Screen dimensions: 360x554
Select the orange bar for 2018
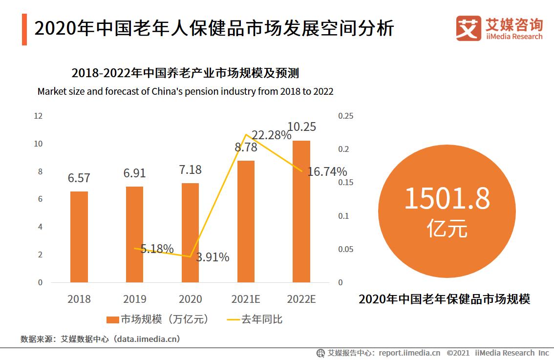pyautogui.click(x=79, y=236)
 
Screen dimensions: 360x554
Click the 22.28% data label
pyautogui.click(x=272, y=135)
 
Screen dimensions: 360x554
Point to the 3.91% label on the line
pyautogui.click(x=213, y=257)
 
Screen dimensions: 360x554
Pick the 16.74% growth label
pyautogui.click(x=327, y=171)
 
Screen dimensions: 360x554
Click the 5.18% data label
pyautogui.click(x=157, y=249)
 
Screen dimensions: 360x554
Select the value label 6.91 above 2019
pyautogui.click(x=135, y=173)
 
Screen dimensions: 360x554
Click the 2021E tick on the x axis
pyautogui.click(x=246, y=299)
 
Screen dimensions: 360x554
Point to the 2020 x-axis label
pyautogui.click(x=190, y=299)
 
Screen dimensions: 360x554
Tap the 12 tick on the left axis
pyautogui.click(x=38, y=116)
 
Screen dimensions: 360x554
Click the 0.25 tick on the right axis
pyautogui.click(x=345, y=116)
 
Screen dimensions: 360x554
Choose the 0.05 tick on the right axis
pyautogui.click(x=345, y=249)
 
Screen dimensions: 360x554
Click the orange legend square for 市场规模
pyautogui.click(x=112, y=320)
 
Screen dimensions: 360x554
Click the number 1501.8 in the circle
pyautogui.click(x=447, y=199)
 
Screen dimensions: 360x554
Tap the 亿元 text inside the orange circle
pyautogui.click(x=447, y=228)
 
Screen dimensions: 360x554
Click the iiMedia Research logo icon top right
pyautogui.click(x=468, y=28)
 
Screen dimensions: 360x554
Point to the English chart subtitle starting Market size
pyautogui.click(x=185, y=91)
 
